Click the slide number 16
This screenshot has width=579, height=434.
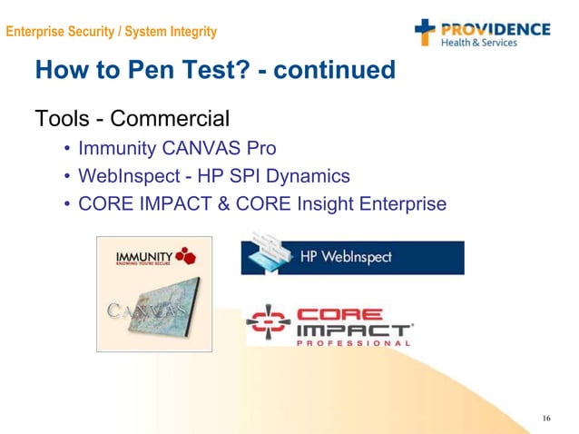545,419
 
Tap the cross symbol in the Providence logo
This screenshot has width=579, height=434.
426,33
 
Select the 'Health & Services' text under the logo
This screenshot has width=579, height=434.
479,43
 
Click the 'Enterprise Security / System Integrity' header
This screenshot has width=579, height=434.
112,32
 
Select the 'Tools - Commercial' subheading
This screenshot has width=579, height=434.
132,118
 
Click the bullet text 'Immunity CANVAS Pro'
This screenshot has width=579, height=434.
177,148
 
